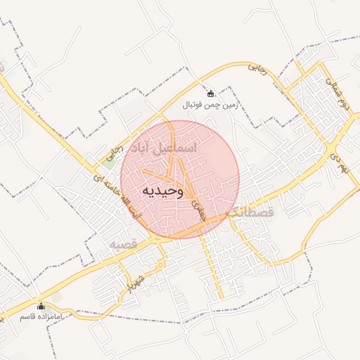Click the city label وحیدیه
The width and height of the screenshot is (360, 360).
(162, 190)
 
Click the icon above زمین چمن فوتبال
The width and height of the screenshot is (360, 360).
(210, 94)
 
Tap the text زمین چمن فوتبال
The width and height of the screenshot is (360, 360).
(212, 105)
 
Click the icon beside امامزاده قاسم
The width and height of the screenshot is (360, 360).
(40, 307)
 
